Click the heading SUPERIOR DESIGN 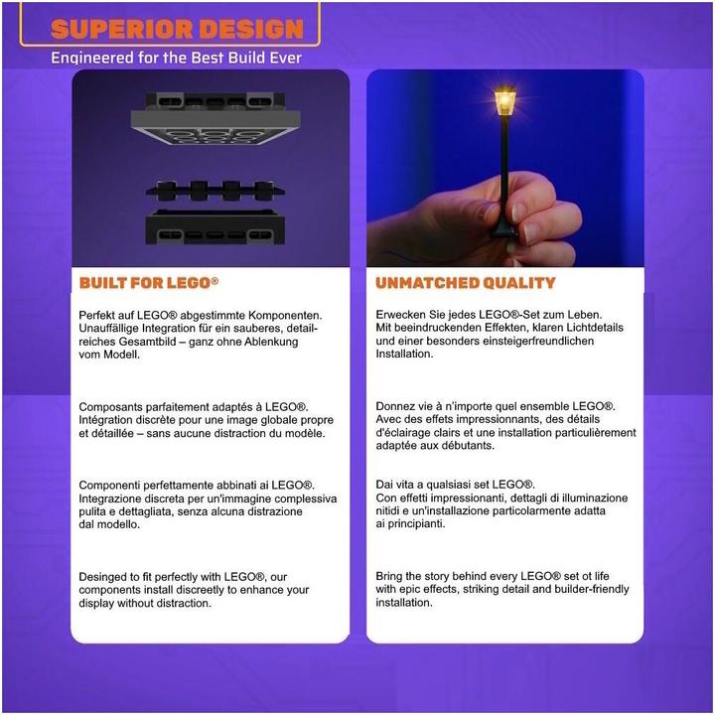click(x=177, y=29)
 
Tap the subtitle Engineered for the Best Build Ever click(x=176, y=58)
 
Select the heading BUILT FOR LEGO click(x=149, y=283)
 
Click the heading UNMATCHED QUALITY click(x=466, y=283)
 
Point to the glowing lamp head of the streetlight click(x=504, y=101)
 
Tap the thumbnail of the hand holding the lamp click(x=505, y=168)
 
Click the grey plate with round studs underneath click(x=215, y=128)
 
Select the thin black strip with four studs click(x=215, y=191)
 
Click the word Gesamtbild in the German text click(x=149, y=342)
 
